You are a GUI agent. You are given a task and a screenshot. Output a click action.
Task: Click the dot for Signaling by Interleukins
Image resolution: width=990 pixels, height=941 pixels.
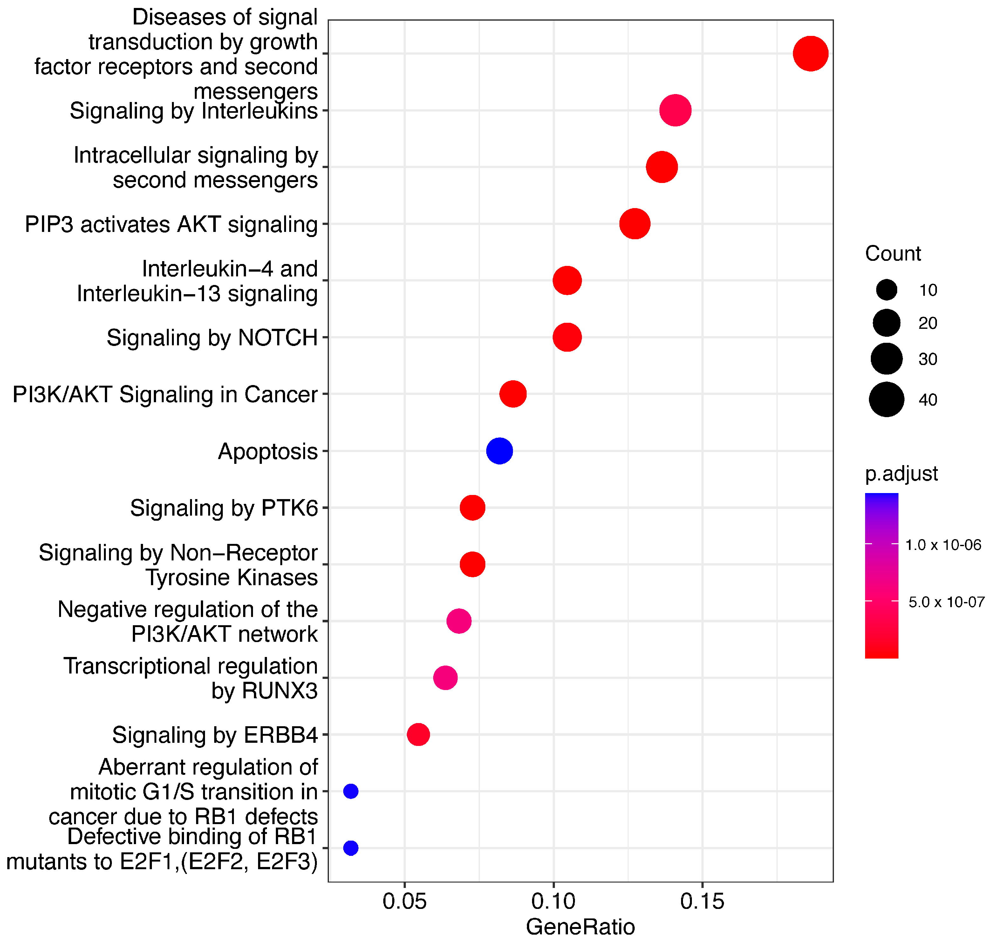tap(675, 110)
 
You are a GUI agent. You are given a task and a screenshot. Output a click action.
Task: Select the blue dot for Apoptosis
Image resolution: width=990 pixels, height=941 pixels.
tap(499, 450)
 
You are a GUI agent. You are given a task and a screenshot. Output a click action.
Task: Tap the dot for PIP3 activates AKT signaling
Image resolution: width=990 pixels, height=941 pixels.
tap(635, 224)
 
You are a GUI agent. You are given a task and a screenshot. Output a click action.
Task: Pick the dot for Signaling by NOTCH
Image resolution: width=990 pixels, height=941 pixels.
tap(567, 337)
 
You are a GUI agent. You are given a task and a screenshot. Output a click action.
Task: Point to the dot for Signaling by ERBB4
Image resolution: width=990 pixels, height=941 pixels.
tap(418, 734)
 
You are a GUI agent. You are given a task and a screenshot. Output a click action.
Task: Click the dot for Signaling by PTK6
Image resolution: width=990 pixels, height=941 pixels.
tap(472, 508)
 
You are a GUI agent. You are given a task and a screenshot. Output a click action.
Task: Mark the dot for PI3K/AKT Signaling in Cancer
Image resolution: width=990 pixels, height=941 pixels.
tap(513, 394)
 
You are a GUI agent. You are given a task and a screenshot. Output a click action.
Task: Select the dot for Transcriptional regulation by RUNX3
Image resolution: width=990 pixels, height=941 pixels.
tap(445, 678)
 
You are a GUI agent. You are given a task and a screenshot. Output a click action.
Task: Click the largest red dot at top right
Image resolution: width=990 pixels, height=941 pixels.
tap(810, 54)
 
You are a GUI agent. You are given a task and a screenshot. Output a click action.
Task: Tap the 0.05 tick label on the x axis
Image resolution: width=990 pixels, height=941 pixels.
tap(405, 901)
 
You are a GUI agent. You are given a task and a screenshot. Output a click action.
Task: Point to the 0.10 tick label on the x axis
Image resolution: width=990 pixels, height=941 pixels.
tap(553, 901)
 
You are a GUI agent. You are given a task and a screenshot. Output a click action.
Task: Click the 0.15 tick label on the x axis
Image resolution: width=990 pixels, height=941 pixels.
tap(702, 901)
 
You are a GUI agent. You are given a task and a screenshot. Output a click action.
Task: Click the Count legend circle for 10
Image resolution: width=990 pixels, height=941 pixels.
tap(887, 290)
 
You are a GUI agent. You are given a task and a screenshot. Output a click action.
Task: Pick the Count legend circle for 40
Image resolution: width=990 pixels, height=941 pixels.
tap(887, 399)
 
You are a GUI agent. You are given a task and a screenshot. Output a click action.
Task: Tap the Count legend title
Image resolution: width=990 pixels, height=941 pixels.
tap(893, 254)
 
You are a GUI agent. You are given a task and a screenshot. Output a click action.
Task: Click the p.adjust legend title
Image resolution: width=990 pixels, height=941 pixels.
tap(901, 473)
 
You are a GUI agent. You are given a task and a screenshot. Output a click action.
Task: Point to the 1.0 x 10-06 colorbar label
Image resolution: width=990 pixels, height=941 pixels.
tap(943, 545)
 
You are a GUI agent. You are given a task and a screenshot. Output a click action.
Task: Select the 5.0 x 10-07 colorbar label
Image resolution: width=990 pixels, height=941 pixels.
tap(946, 602)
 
